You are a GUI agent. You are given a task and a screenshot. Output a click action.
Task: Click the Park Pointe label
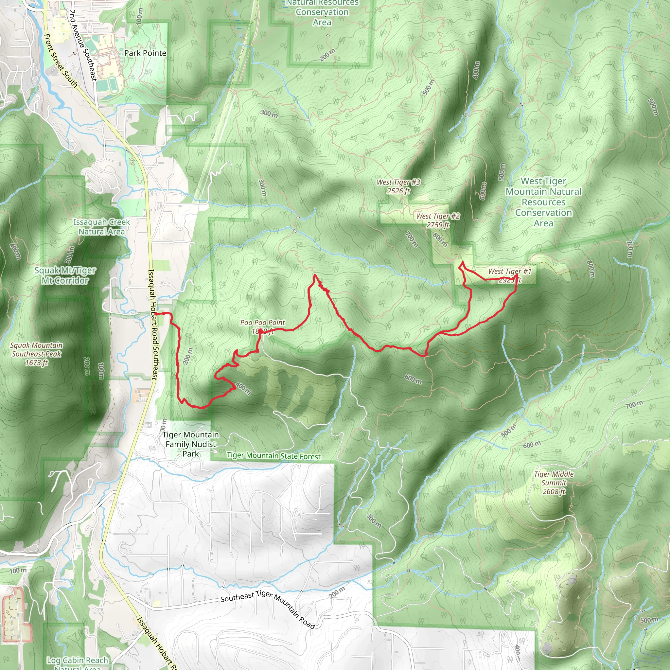tap(145, 53)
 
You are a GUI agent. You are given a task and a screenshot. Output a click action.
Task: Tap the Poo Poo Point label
tap(262, 323)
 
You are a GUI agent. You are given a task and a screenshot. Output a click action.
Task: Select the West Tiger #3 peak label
tap(398, 183)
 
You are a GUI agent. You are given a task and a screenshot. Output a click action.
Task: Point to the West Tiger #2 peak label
tap(438, 216)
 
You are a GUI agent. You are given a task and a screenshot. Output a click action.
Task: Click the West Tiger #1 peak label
tap(509, 272)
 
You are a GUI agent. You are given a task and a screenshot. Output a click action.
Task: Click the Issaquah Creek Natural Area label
tap(101, 227)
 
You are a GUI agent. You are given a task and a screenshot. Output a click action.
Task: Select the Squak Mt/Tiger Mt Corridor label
tap(65, 275)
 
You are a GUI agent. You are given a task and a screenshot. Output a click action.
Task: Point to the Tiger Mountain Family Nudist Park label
tap(190, 444)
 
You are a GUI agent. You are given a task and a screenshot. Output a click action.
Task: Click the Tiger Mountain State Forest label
tap(273, 456)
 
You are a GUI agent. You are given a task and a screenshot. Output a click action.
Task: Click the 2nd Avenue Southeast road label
tap(82, 45)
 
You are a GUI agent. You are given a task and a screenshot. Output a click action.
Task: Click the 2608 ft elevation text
tap(554, 491)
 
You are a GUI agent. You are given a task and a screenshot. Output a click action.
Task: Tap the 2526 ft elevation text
tap(398, 191)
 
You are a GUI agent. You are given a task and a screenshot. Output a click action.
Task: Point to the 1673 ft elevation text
tap(36, 363)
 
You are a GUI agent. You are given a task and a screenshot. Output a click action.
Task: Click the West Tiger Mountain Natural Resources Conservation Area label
tap(543, 202)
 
